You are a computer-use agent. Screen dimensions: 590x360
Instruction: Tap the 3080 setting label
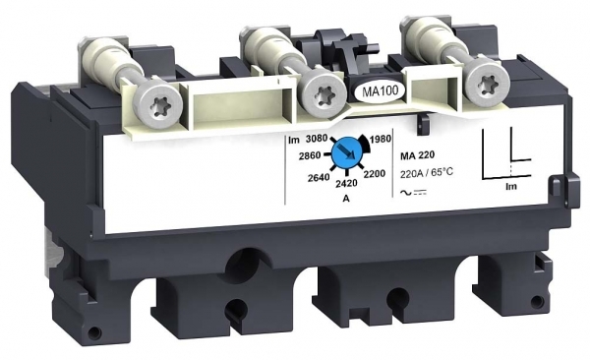click(317, 139)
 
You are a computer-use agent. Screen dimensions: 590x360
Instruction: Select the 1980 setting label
click(380, 139)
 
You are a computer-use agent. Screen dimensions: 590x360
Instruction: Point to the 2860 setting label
click(310, 155)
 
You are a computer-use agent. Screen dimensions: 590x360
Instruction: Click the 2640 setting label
click(319, 177)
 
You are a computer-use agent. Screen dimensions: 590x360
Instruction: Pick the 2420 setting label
click(346, 183)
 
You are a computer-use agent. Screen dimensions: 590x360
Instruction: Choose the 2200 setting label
click(375, 173)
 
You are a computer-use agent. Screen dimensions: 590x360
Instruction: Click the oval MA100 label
click(380, 91)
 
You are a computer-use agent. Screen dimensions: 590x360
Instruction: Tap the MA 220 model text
click(417, 154)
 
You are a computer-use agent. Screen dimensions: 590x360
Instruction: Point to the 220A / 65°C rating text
click(427, 173)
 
